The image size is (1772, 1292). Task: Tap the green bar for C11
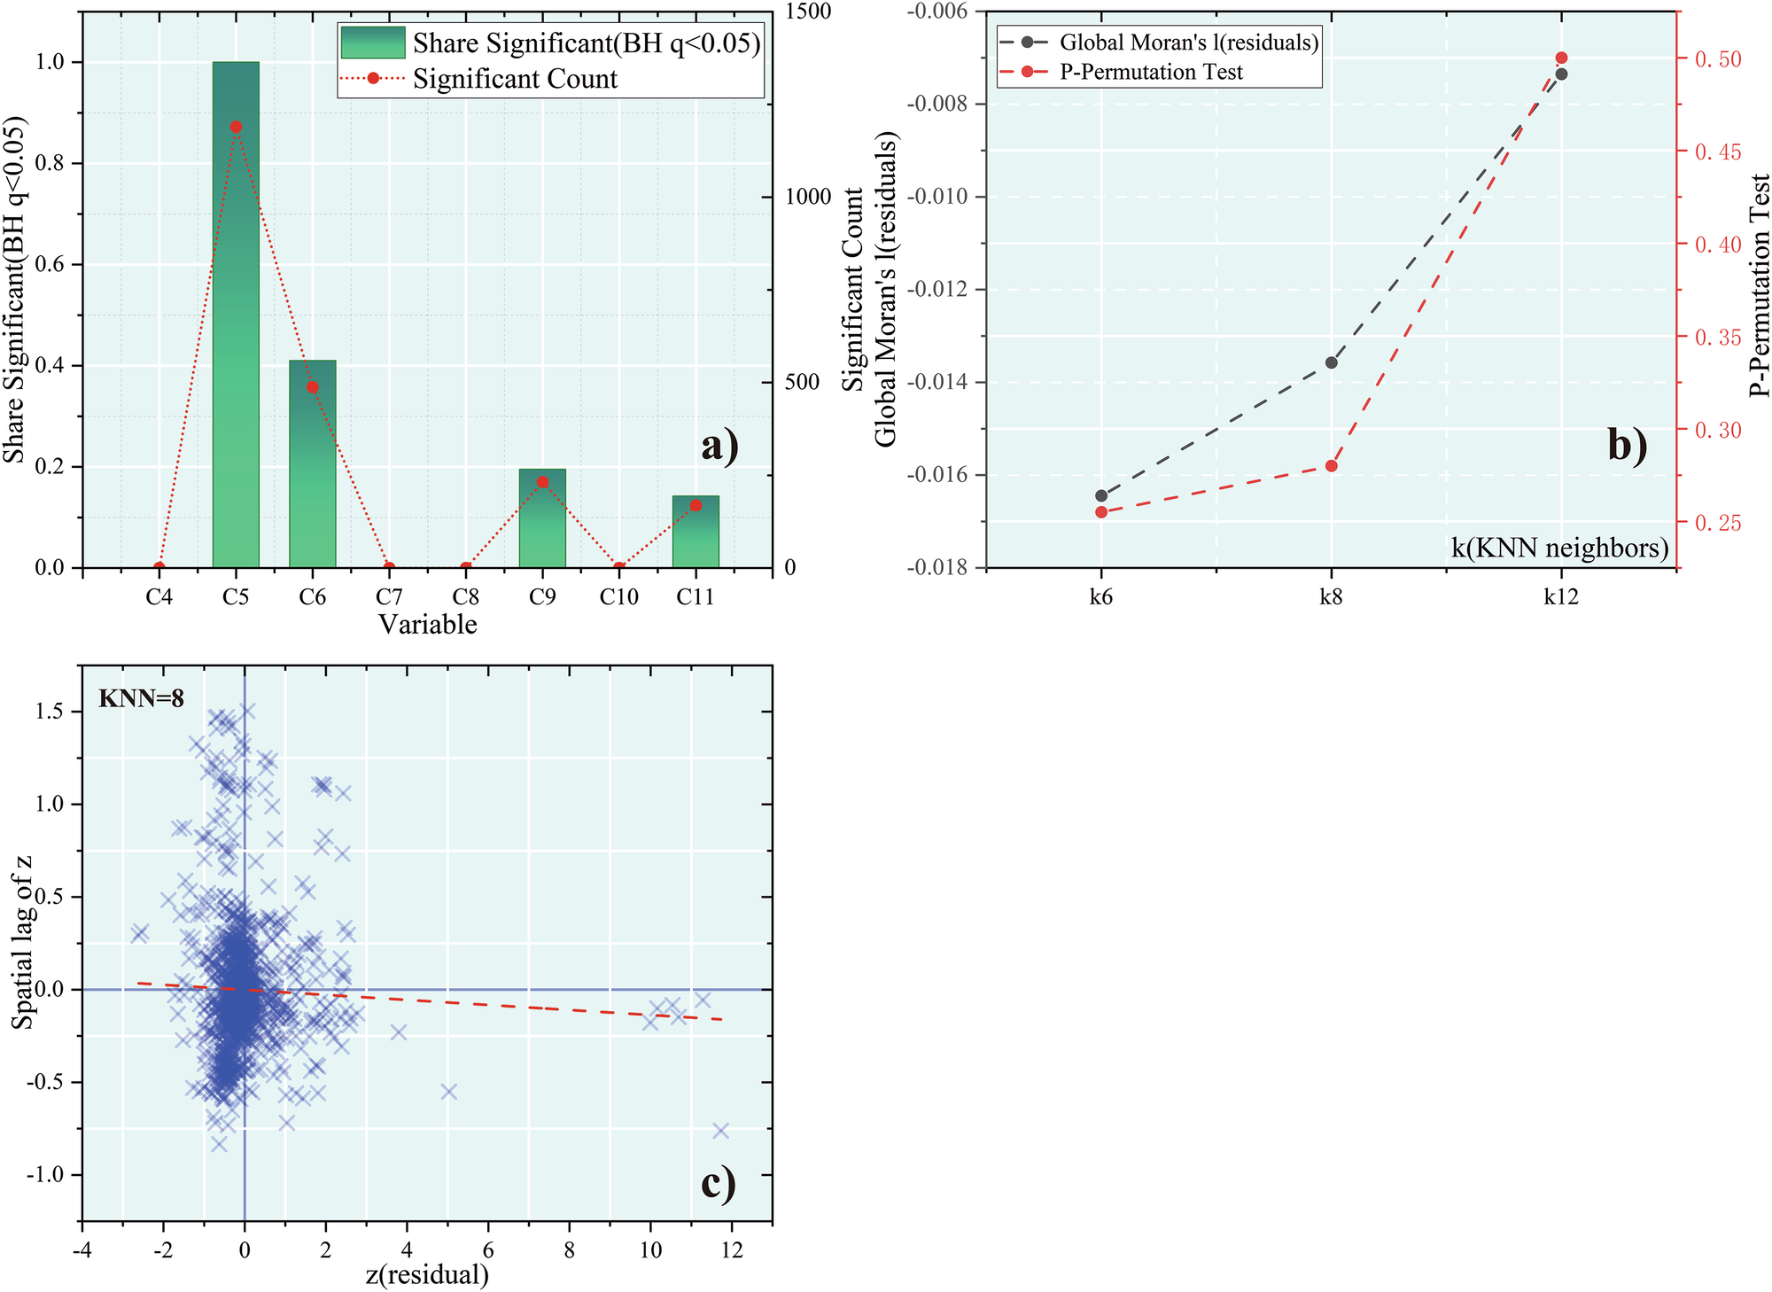pyautogui.click(x=696, y=532)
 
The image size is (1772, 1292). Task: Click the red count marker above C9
pyautogui.click(x=542, y=482)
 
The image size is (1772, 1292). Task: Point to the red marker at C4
pyautogui.click(x=159, y=567)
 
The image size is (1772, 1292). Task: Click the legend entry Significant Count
pyautogui.click(x=515, y=79)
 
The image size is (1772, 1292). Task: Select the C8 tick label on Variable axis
pyautogui.click(x=465, y=597)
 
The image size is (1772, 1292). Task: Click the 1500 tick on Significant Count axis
pyautogui.click(x=808, y=12)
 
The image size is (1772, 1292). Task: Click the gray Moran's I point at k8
pyautogui.click(x=1331, y=362)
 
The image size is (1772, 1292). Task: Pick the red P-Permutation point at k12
pyautogui.click(x=1561, y=58)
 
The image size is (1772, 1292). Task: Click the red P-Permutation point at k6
pyautogui.click(x=1101, y=512)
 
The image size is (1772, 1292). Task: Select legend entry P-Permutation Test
pyautogui.click(x=1151, y=73)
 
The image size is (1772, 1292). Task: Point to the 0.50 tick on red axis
pyautogui.click(x=1717, y=59)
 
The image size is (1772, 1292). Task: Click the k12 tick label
pyautogui.click(x=1560, y=597)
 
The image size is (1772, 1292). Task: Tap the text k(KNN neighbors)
pyautogui.click(x=1559, y=548)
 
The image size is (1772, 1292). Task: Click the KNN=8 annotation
pyautogui.click(x=142, y=699)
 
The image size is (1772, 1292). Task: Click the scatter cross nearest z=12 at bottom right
pyautogui.click(x=720, y=1130)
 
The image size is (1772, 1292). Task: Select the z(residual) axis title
pyautogui.click(x=427, y=1274)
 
